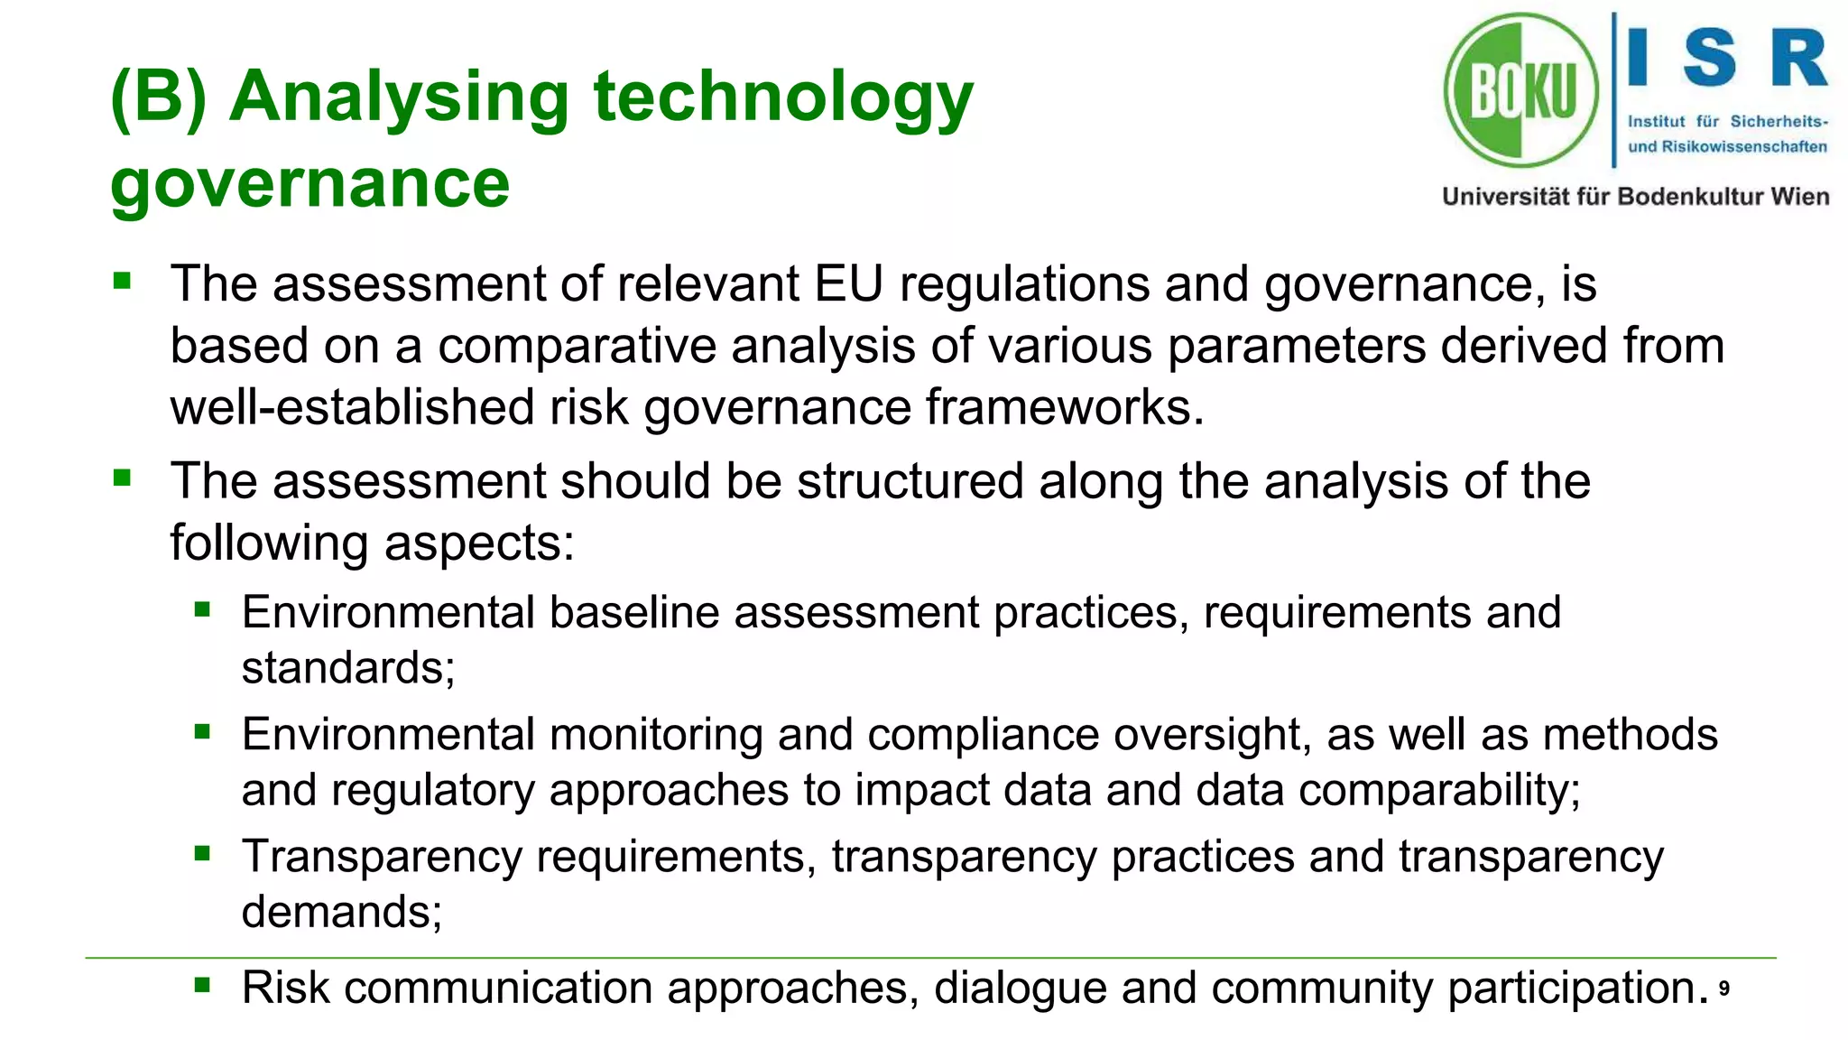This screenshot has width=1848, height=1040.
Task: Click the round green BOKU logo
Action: point(1521,90)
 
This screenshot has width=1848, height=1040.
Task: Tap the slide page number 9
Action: point(1723,989)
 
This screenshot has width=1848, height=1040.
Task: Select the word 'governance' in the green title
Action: point(310,183)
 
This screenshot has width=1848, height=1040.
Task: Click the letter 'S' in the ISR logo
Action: point(1709,58)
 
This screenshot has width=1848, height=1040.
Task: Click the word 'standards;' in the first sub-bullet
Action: point(348,669)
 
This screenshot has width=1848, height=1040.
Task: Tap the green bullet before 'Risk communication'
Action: point(202,985)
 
